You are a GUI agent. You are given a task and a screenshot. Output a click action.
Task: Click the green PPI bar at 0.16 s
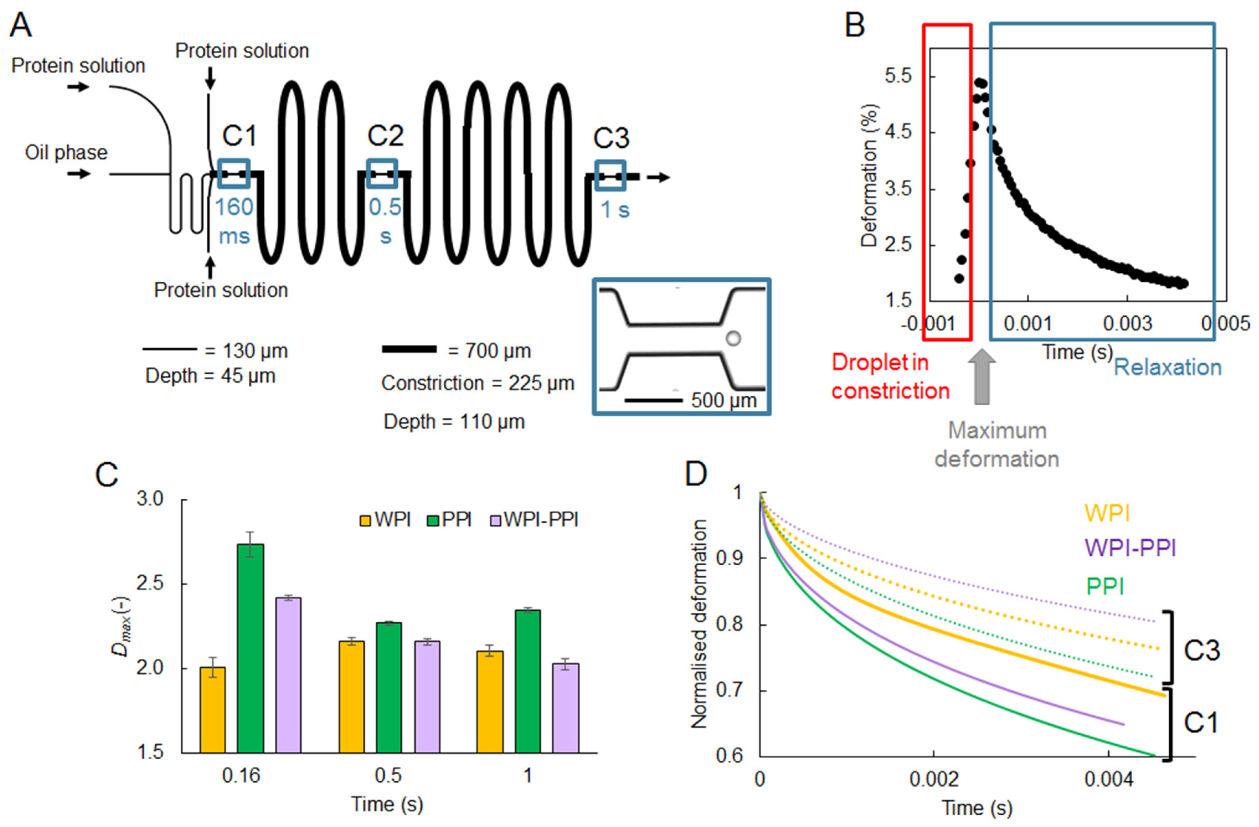point(250,648)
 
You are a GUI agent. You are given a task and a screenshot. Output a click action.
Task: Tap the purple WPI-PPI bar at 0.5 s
point(427,697)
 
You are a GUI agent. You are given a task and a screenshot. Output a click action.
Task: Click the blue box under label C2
point(382,173)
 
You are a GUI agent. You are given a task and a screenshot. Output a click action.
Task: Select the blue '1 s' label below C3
point(615,210)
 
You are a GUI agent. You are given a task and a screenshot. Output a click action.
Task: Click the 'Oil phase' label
point(66,153)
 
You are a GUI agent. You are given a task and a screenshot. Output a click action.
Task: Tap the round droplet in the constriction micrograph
point(733,338)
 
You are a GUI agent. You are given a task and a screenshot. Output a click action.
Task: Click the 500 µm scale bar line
point(653,400)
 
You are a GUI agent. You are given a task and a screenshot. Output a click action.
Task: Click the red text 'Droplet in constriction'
point(890,377)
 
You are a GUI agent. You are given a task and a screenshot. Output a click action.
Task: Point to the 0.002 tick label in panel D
point(934,779)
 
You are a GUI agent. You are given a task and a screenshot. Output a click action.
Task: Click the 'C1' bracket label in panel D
point(1201,723)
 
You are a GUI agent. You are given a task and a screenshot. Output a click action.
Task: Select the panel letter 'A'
point(21,25)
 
